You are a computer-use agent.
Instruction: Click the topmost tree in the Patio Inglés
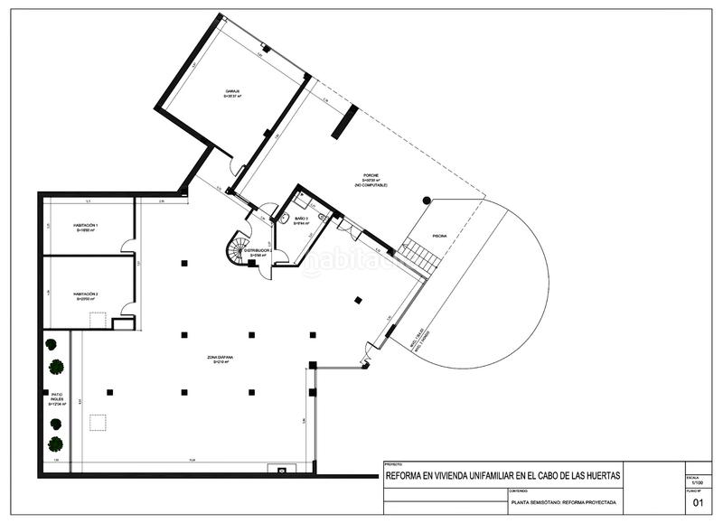52,344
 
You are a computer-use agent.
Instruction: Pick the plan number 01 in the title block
697,503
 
